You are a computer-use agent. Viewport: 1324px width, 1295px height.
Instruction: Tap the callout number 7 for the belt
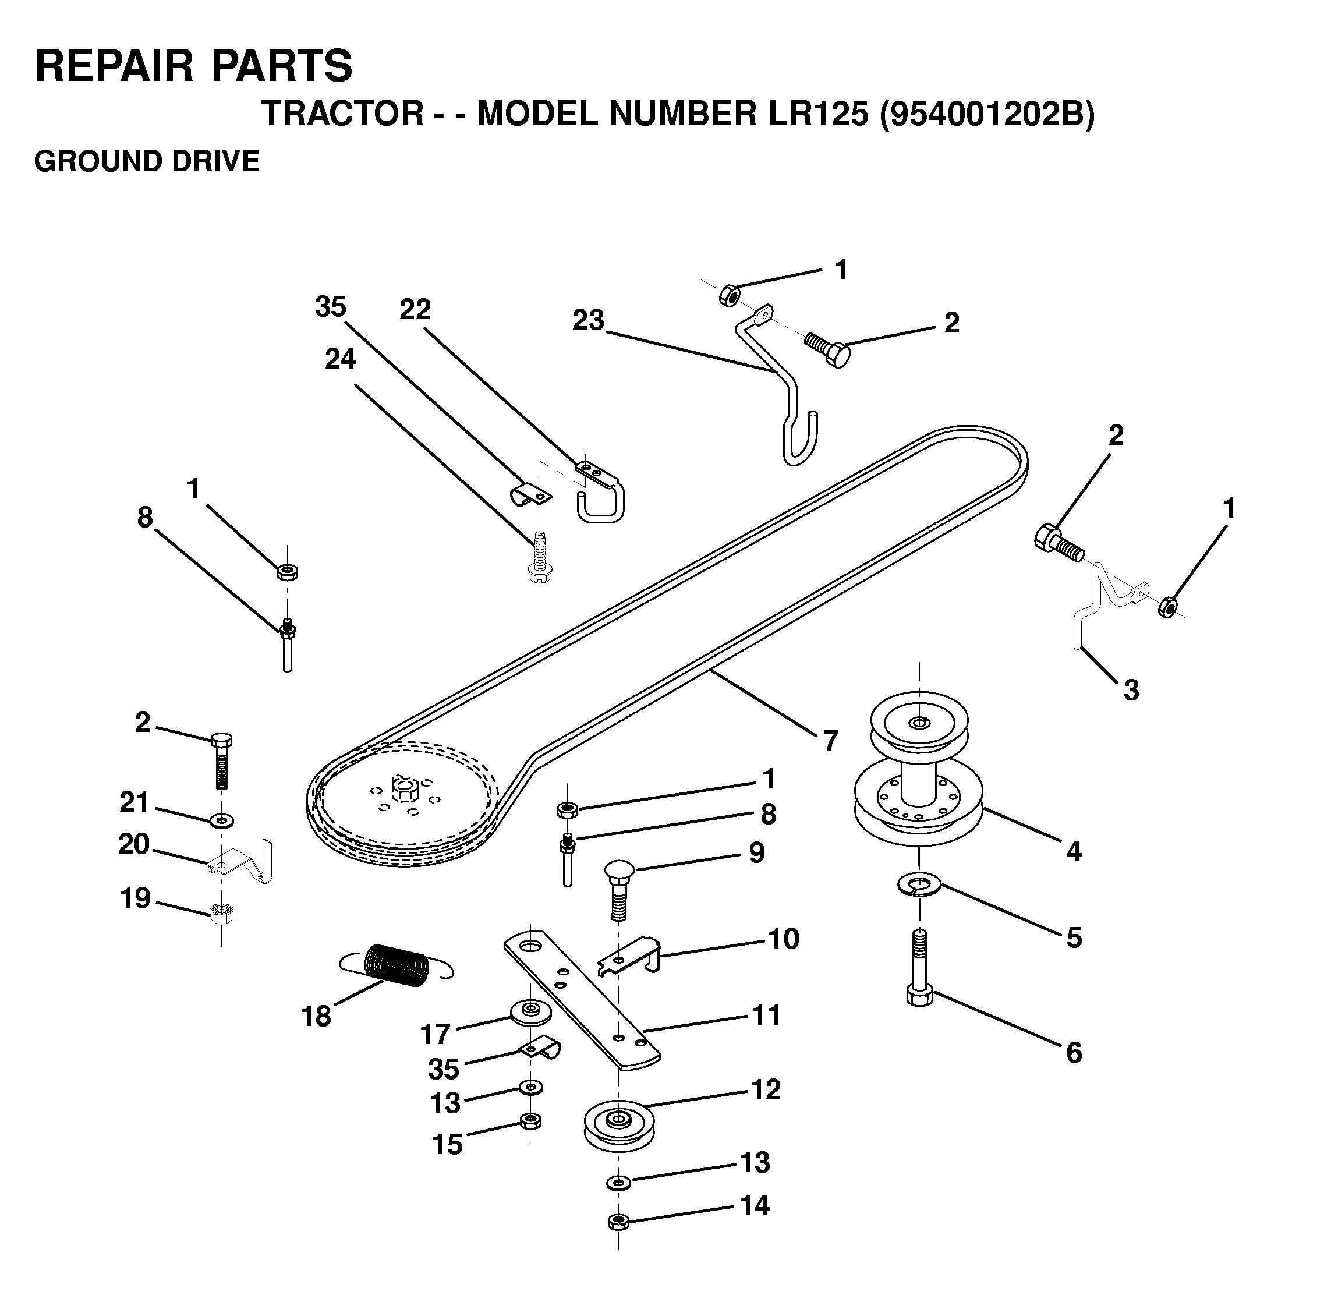pyautogui.click(x=830, y=741)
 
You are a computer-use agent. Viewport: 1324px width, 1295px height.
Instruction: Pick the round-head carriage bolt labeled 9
pyautogui.click(x=619, y=890)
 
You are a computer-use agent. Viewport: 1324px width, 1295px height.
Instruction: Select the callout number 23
pyautogui.click(x=588, y=320)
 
